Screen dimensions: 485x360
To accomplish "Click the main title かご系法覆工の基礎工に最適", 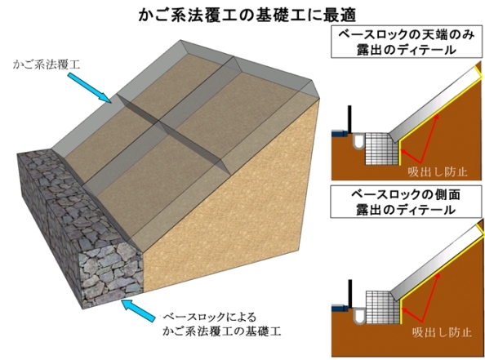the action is point(247,14).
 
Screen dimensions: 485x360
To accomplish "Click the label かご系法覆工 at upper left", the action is point(47,65).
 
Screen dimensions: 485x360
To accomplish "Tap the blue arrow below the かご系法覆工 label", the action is point(89,87).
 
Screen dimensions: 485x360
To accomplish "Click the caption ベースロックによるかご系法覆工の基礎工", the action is point(222,324).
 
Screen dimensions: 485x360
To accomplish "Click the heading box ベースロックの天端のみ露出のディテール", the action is point(407,42).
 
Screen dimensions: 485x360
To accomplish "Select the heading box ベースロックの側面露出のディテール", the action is point(406,202).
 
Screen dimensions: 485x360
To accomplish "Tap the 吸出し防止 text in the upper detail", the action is point(438,171).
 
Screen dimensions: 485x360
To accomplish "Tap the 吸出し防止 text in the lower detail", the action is point(442,332).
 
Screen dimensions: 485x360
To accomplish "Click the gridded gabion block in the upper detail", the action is point(381,149).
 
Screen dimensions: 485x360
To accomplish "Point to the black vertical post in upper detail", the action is point(349,120).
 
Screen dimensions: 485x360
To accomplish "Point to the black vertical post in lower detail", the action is point(349,294).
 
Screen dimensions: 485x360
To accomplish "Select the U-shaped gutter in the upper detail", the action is point(358,141).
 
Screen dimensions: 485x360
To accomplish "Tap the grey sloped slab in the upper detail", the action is point(434,104).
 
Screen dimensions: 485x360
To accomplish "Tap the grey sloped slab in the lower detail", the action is point(436,263).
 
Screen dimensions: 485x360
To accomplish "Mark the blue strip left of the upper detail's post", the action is point(340,134).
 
